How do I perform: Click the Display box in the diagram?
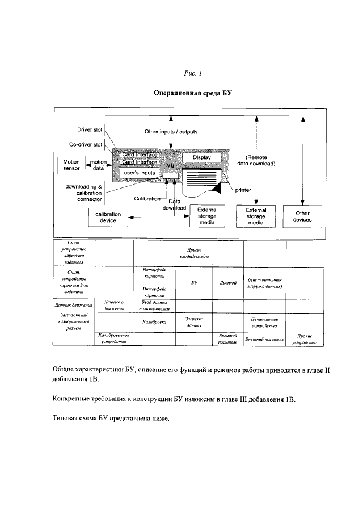click(201, 157)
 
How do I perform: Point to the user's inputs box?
click(136, 172)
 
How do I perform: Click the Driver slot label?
click(89, 130)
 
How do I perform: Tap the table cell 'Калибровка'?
click(154, 321)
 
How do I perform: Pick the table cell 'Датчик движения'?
click(73, 306)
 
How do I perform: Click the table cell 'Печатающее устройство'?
click(264, 323)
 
